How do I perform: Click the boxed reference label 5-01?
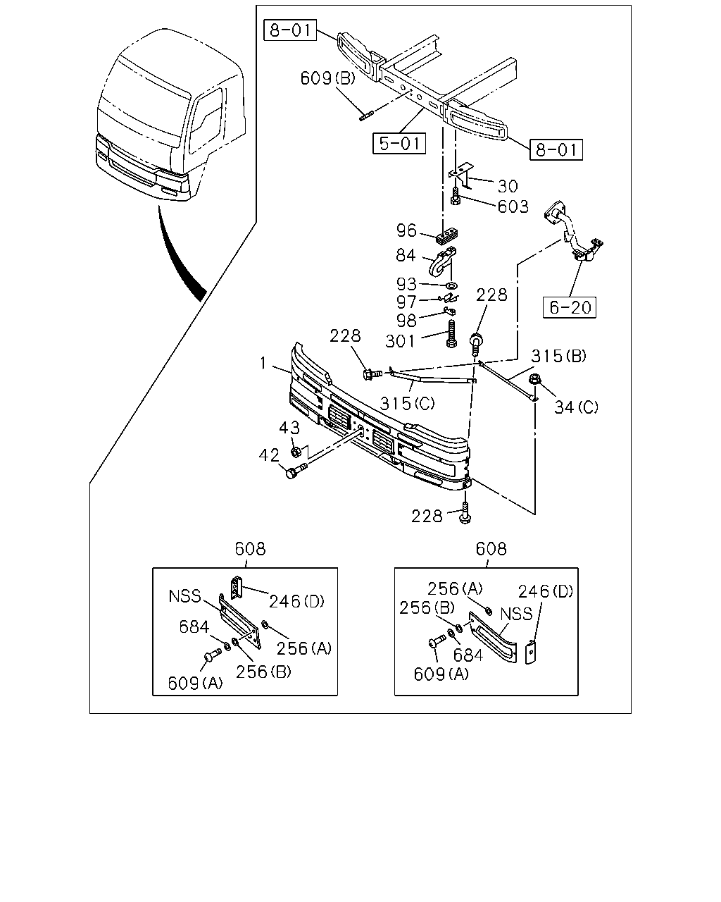399,143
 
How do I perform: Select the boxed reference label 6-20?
569,307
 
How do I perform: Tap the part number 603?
513,206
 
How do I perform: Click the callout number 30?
508,186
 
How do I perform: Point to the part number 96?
406,230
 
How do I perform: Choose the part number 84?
406,255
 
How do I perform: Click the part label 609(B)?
327,78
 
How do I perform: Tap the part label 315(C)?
407,403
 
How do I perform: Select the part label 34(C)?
576,407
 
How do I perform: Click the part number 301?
400,341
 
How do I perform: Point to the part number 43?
289,428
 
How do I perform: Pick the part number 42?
268,455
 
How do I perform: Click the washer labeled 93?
451,286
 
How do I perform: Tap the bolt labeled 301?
451,333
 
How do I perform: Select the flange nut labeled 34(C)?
534,379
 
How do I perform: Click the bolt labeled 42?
296,471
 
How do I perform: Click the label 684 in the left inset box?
194,627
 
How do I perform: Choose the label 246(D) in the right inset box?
546,591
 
